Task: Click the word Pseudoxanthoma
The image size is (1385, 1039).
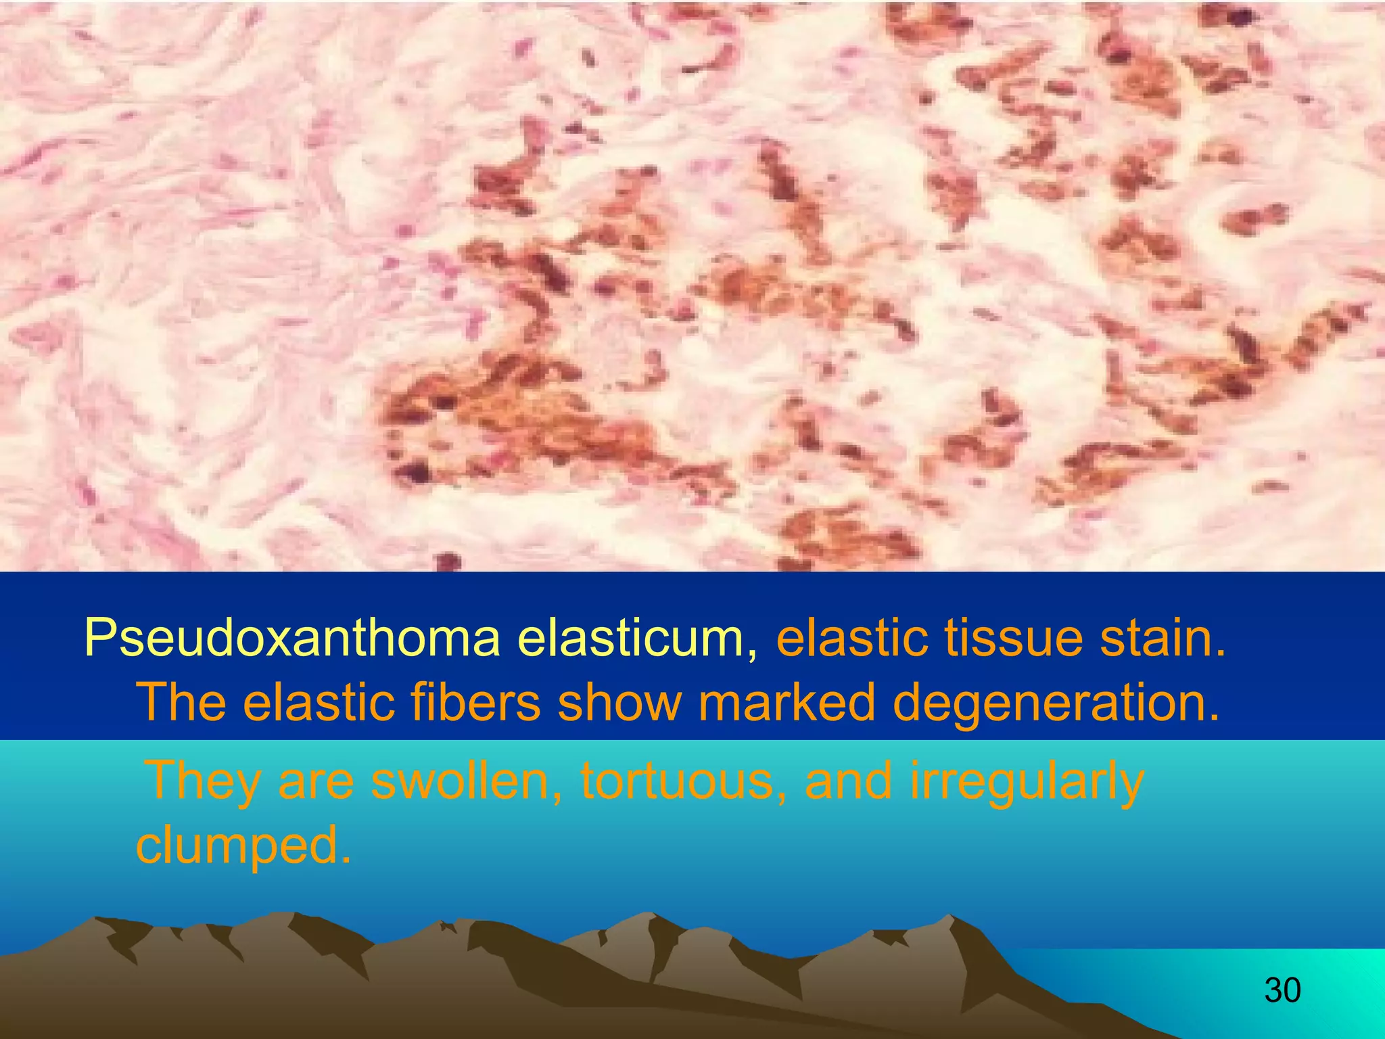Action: point(291,639)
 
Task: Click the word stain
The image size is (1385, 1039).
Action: point(1163,639)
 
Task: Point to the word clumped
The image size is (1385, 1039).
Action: point(243,846)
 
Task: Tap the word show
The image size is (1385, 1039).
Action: point(618,702)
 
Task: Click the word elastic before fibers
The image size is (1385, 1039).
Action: point(318,702)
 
